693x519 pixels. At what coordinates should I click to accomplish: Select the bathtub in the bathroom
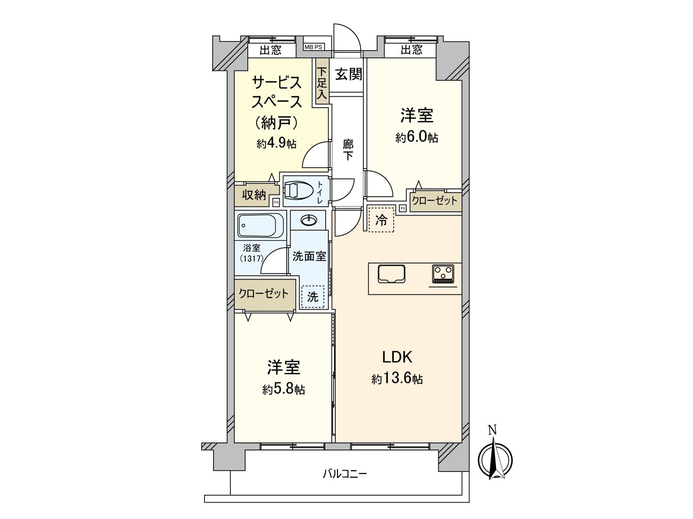coord(260,225)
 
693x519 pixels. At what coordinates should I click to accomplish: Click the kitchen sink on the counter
coord(392,274)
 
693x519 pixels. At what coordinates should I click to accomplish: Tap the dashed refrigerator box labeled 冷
coord(381,220)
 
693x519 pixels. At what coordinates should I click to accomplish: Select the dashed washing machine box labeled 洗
coord(313,297)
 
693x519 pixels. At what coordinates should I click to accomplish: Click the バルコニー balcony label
coord(345,474)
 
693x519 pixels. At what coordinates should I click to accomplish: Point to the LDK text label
coord(397,357)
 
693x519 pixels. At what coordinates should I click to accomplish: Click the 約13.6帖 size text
coord(397,379)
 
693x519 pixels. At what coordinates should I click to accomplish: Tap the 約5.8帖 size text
coord(283,390)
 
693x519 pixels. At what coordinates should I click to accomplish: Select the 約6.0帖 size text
coord(417,138)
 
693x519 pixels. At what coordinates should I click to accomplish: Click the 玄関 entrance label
coord(349,74)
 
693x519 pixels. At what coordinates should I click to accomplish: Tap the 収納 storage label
coord(254,195)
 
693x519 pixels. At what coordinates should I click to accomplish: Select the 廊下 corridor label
coord(348,150)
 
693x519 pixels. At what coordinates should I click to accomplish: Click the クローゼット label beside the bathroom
coord(264,294)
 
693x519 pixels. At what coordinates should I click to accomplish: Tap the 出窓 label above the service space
coord(271,50)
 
